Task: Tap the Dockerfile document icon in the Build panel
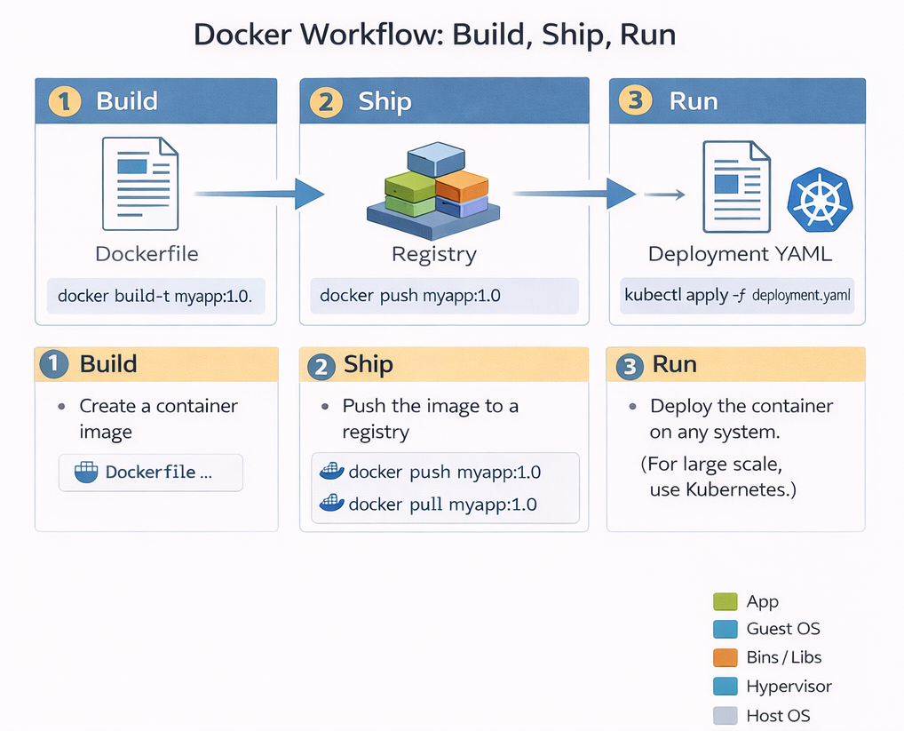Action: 140,183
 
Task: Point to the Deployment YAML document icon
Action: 736,187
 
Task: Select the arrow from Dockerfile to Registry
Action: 258,193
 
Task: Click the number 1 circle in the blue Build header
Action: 64,100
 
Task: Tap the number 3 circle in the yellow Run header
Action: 630,366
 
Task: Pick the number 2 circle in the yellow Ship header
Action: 321,366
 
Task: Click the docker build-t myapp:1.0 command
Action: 155,296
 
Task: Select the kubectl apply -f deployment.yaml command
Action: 737,296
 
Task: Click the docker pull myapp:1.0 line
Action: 442,505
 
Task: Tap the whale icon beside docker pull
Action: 331,504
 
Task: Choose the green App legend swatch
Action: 726,601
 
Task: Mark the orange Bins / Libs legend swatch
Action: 726,657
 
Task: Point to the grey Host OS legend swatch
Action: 726,715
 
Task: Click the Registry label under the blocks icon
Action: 434,254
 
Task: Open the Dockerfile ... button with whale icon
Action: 150,473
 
